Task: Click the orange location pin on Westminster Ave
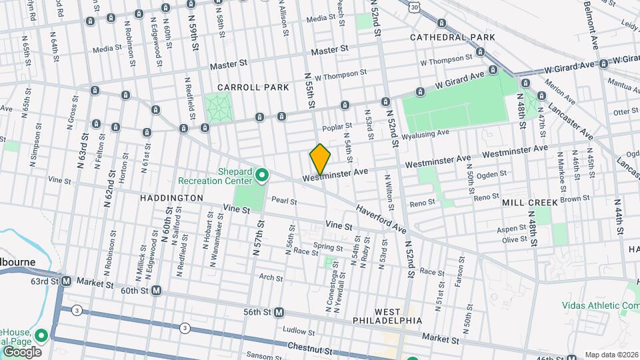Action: click(x=320, y=160)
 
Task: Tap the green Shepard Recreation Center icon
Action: click(x=262, y=176)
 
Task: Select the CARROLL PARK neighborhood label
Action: click(x=253, y=87)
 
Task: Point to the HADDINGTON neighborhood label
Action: click(x=171, y=198)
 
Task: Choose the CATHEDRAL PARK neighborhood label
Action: click(x=453, y=37)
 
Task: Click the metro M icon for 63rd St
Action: click(x=67, y=281)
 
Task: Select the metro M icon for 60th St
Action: click(x=157, y=290)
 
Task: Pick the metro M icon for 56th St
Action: click(x=279, y=312)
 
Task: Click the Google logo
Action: click(x=21, y=352)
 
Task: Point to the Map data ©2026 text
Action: click(x=611, y=355)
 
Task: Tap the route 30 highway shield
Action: click(x=415, y=6)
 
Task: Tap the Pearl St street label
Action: click(x=284, y=201)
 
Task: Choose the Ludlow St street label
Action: click(x=298, y=330)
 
